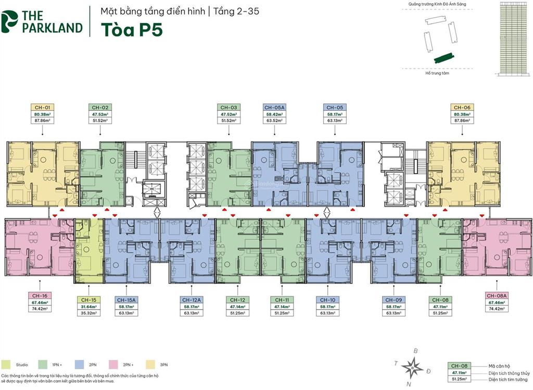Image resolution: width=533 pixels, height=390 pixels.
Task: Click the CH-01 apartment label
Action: coord(43,108)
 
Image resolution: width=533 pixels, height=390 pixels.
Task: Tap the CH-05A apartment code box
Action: coord(274,108)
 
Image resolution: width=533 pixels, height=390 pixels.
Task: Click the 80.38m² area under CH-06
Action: coord(462,114)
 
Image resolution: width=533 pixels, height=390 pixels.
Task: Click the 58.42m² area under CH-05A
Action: coord(274,114)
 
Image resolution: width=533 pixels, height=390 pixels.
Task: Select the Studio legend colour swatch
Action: coord(6,365)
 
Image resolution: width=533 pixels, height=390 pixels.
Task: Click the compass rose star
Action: coord(412,367)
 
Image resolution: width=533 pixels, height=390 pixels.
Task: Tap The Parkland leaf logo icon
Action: coord(9,21)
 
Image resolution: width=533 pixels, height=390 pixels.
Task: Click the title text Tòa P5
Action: coord(131,29)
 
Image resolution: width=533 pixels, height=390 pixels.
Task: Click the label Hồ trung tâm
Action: coord(437,73)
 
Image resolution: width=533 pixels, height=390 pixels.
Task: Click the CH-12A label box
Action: coord(192,300)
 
